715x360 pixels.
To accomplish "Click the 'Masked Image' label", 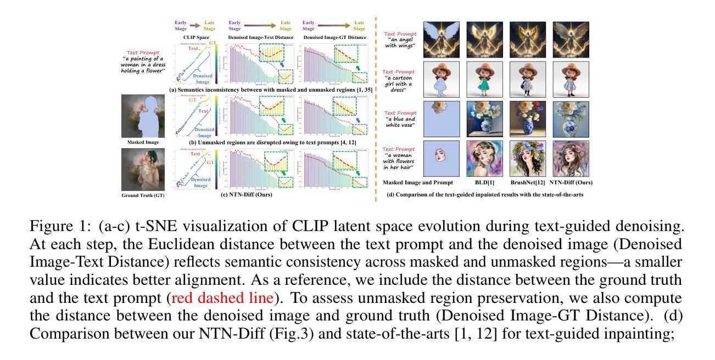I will coord(142,142).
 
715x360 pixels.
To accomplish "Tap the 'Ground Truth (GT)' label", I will coord(142,195).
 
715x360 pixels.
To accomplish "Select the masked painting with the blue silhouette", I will coord(143,116).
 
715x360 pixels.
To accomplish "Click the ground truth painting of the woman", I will coord(142,168).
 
